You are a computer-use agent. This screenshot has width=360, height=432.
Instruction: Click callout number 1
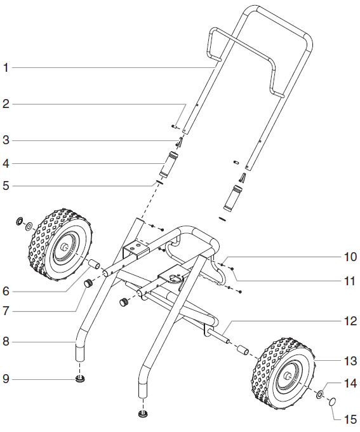6,67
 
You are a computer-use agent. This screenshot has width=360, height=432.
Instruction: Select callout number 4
6,163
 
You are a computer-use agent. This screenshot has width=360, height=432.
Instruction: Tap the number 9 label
6,379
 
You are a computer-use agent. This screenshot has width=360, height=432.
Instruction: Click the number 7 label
6,311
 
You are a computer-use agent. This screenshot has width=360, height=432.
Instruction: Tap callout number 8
6,342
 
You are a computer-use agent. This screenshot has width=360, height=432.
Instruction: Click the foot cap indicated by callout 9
80,379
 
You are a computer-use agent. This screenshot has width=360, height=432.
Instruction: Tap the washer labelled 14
321,395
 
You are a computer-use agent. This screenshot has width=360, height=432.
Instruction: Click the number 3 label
6,140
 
